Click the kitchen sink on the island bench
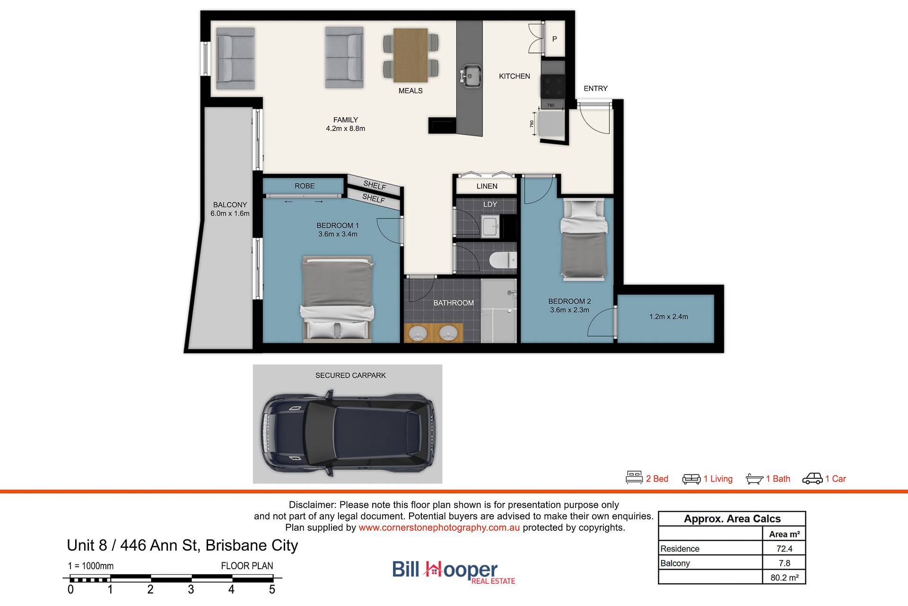point(471,76)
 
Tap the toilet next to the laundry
point(503,260)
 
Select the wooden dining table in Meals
point(410,55)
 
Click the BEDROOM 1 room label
point(338,226)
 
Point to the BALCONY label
point(230,205)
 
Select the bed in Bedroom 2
point(584,240)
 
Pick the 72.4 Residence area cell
point(784,549)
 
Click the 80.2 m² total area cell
point(784,578)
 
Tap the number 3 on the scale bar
point(191,589)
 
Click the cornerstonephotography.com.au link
point(439,527)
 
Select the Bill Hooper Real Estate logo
point(454,572)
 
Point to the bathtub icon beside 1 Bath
point(754,479)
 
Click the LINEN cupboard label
point(487,186)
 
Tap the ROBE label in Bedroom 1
point(305,186)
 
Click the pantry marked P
point(555,39)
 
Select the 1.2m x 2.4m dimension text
point(668,317)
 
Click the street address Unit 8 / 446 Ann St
point(132,545)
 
